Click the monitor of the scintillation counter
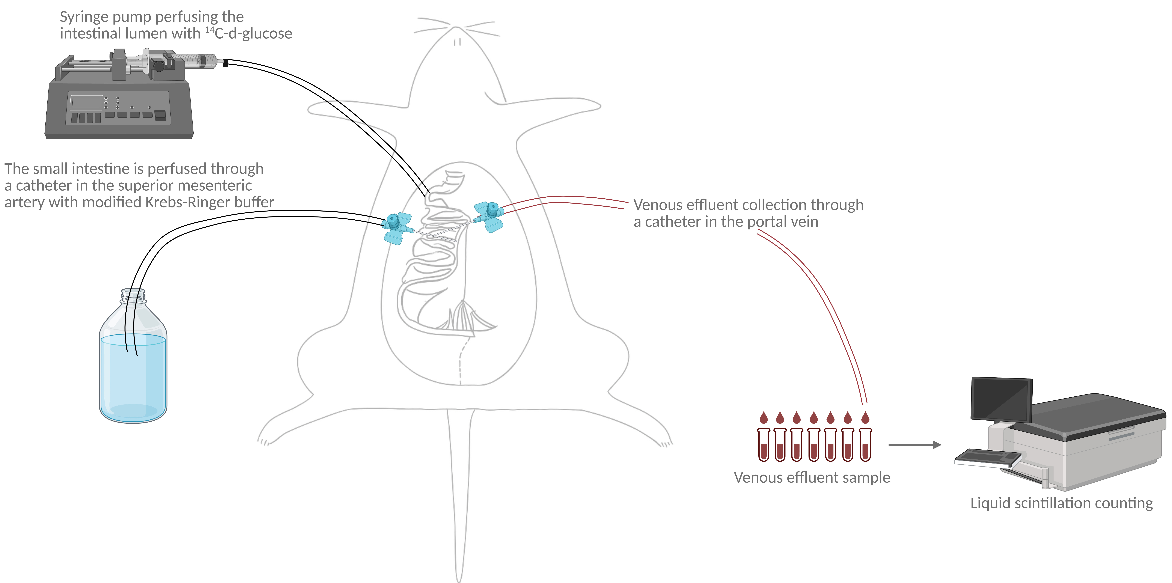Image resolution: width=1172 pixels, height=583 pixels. coord(1001,399)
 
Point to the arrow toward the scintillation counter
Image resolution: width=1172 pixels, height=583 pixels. coord(914,445)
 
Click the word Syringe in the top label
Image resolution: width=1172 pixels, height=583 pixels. coord(84,17)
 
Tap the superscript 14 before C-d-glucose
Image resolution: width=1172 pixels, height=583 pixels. coord(209,30)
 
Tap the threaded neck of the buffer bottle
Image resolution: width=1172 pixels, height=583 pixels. coord(133,296)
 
